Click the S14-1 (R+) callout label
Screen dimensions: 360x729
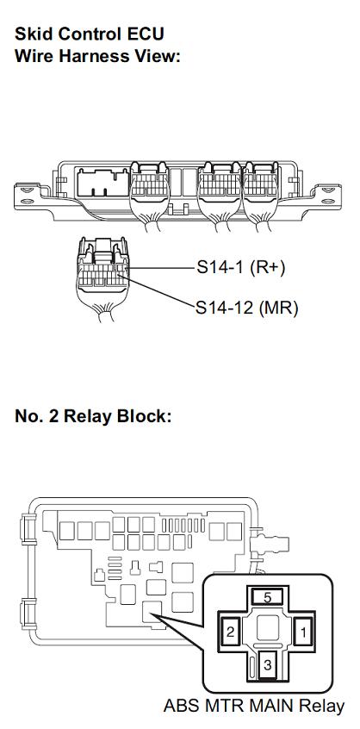pos(240,267)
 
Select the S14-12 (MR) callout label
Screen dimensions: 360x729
pos(246,308)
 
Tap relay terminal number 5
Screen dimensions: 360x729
pos(267,597)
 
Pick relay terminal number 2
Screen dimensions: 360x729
pos(231,632)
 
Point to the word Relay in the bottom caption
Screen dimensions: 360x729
pos(321,705)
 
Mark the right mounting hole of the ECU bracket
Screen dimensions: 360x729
pos(328,201)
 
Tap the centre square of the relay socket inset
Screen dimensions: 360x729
pos(267,626)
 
